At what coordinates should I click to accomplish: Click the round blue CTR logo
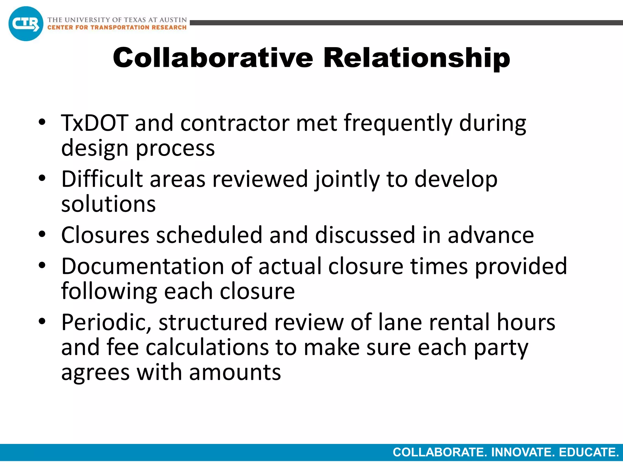(26, 24)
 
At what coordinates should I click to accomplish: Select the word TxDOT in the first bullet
(94, 123)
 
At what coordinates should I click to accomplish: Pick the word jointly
(347, 179)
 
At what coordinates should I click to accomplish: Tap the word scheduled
(209, 235)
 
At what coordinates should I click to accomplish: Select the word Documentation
(143, 266)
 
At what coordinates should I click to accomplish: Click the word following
(109, 291)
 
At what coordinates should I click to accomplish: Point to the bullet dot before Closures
(42, 234)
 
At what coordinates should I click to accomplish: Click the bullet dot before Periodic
(42, 321)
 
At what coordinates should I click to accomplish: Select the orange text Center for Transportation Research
(117, 27)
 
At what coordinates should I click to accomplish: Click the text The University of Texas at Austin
(117, 20)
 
